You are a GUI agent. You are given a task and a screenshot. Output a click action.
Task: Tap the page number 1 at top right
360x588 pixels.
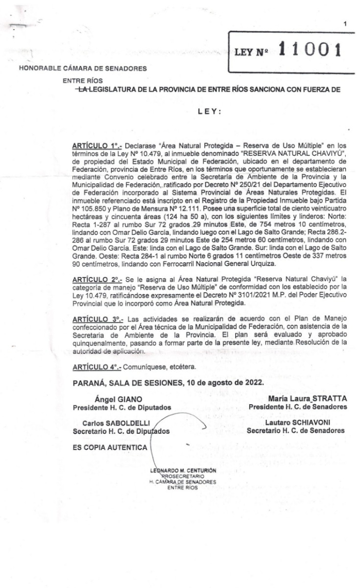345,24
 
